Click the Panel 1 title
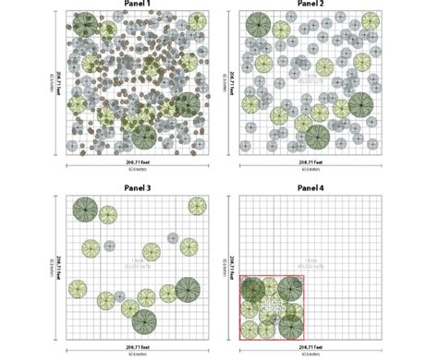pos(137,4)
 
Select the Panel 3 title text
pos(137,188)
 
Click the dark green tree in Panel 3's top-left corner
pos(85,209)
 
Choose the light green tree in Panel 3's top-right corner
pos(197,206)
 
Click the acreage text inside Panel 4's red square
pos(274,305)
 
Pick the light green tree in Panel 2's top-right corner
pos(371,21)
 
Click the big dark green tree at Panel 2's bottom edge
pos(317,138)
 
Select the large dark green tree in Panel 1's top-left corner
pos(84,23)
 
